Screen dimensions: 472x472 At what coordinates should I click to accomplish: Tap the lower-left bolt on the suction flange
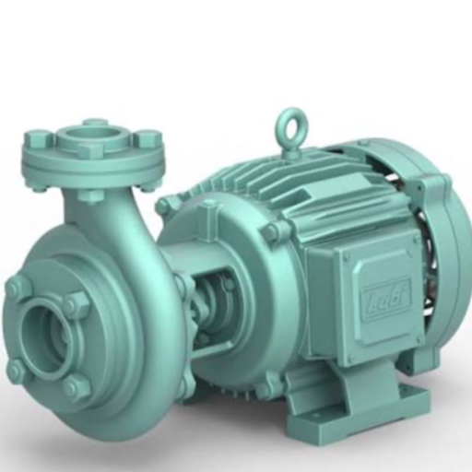(18, 371)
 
